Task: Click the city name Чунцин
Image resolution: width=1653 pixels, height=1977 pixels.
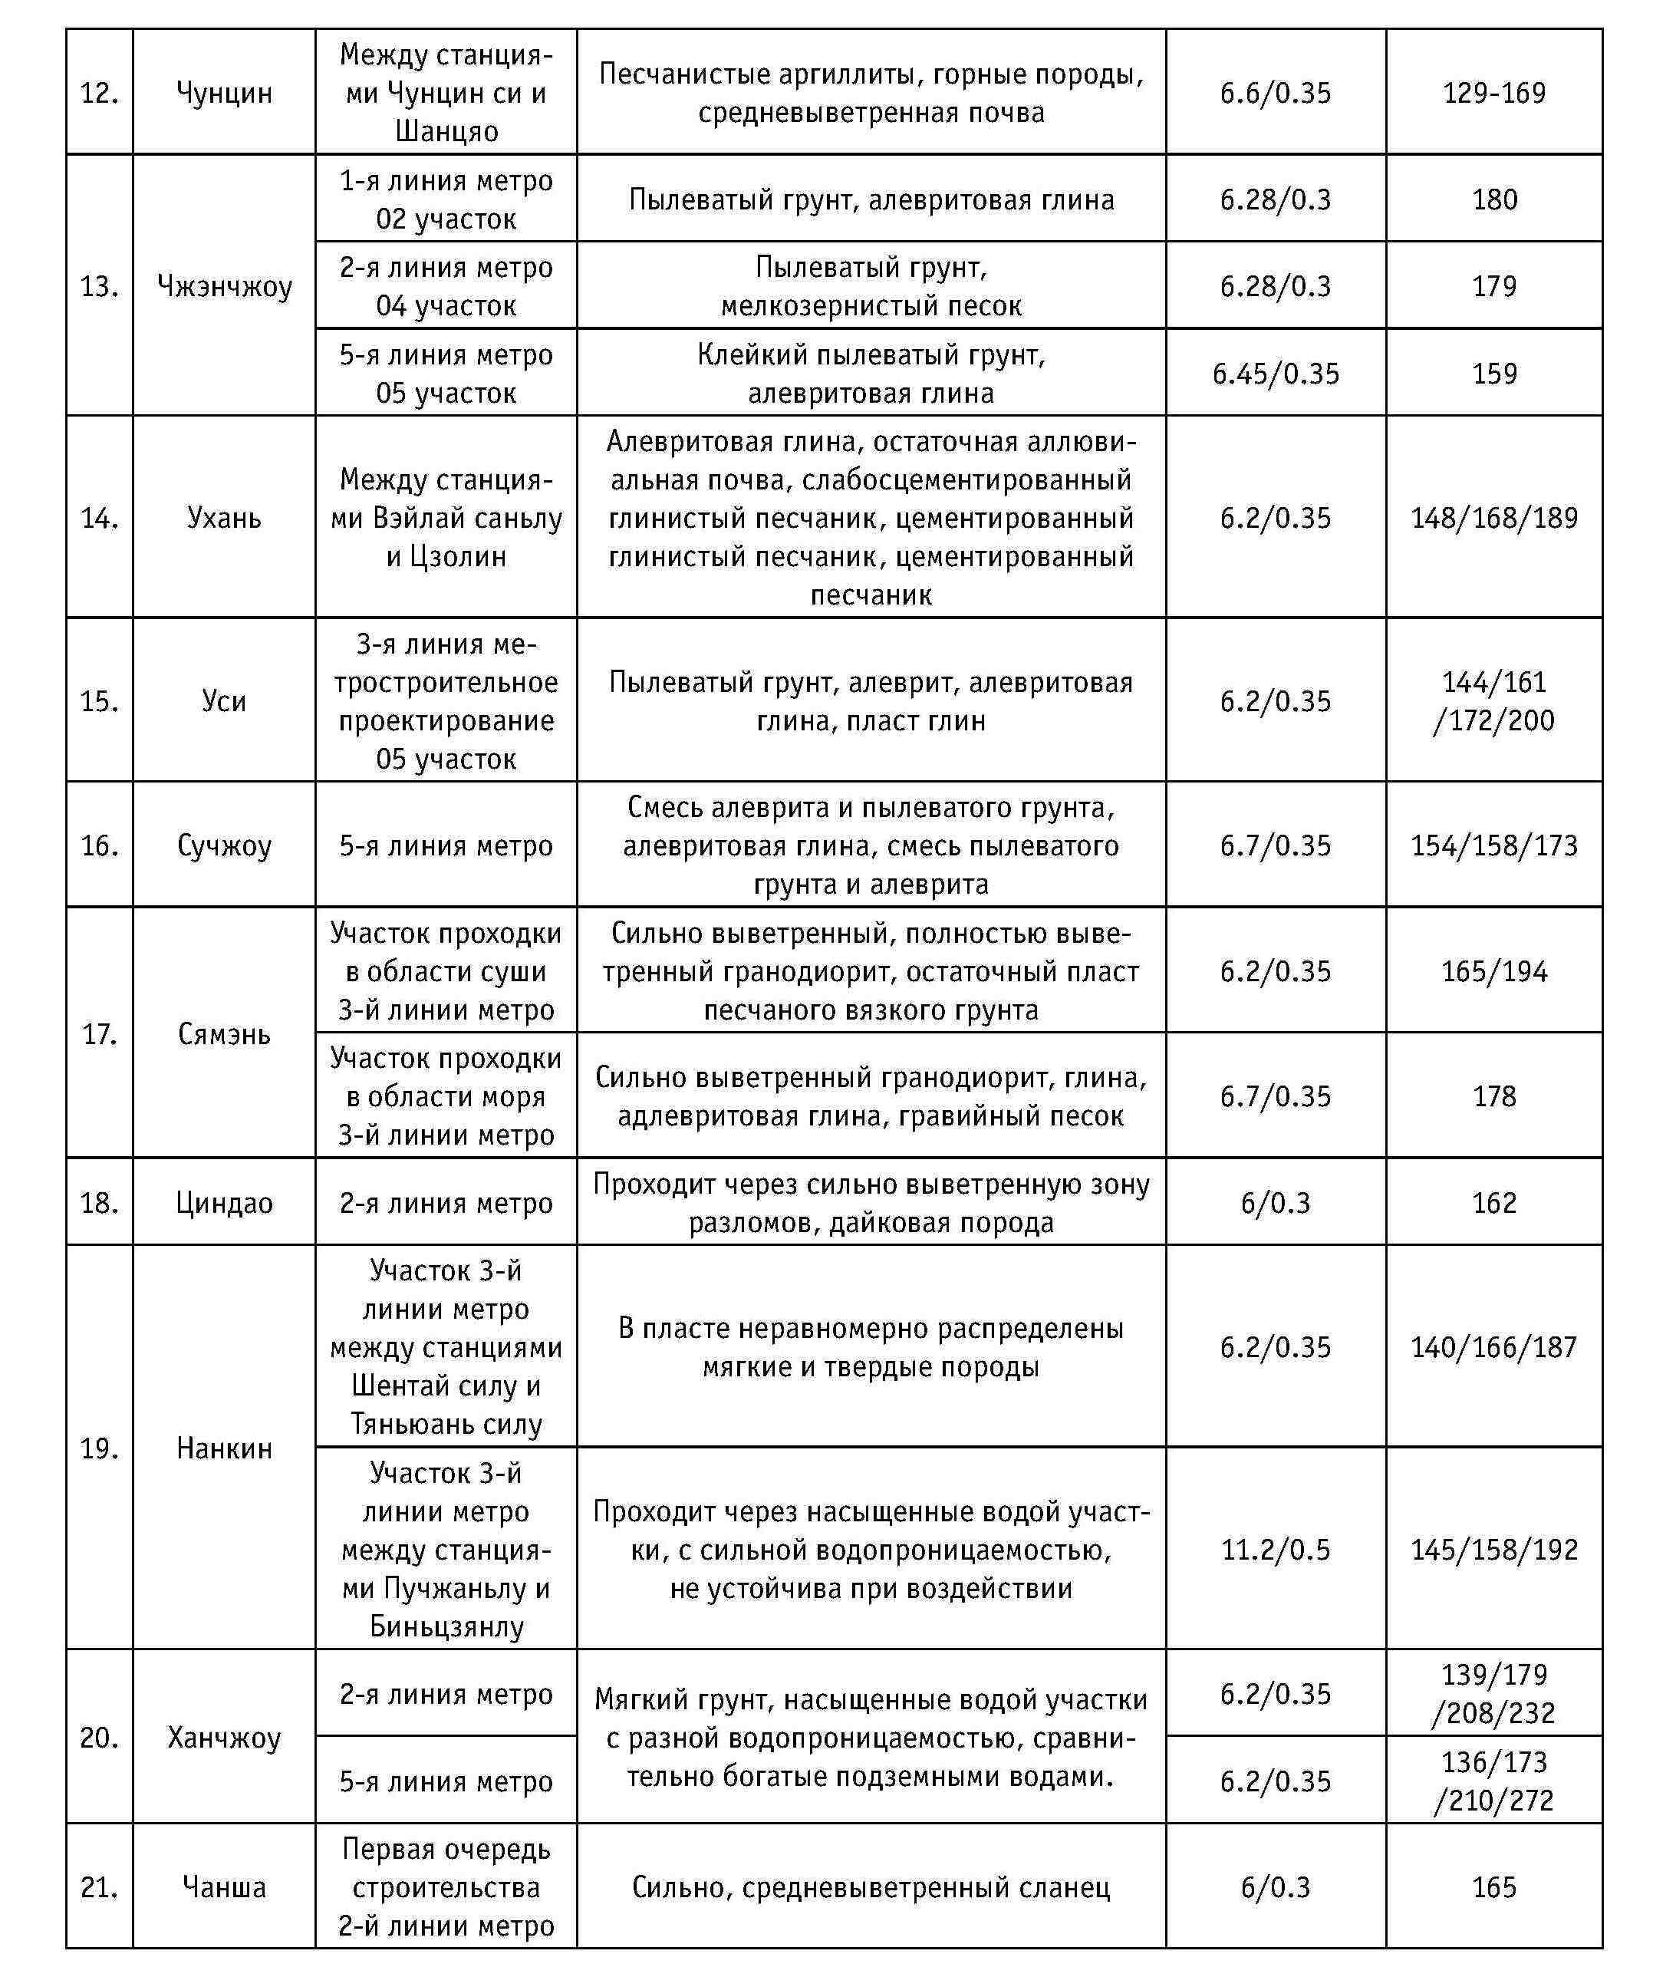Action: point(224,93)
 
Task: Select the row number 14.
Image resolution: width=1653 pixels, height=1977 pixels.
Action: point(99,518)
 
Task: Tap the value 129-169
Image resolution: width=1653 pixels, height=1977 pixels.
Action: point(1494,93)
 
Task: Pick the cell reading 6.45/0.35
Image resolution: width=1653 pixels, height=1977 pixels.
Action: point(1276,374)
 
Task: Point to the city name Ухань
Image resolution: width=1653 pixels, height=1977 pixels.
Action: point(224,518)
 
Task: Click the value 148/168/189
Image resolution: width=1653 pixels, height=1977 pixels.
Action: point(1494,518)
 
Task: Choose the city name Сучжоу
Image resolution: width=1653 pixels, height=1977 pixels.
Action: point(224,845)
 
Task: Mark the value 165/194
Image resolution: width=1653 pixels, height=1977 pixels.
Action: point(1494,971)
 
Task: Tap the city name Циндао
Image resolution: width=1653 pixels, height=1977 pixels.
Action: point(224,1203)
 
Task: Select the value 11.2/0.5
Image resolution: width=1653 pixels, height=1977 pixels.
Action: point(1276,1550)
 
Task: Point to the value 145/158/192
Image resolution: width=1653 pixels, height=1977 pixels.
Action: point(1494,1550)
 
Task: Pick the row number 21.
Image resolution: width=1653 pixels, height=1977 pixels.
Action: point(99,1887)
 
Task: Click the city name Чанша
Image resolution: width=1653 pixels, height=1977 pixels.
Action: point(224,1887)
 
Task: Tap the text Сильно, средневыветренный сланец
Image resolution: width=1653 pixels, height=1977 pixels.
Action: point(871,1887)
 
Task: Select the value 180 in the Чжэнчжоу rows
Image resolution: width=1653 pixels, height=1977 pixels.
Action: point(1494,199)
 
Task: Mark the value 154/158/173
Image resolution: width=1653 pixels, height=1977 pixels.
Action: point(1494,845)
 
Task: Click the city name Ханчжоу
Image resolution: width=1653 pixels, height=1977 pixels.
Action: point(224,1738)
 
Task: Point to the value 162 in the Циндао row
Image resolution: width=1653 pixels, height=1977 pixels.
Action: point(1494,1203)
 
